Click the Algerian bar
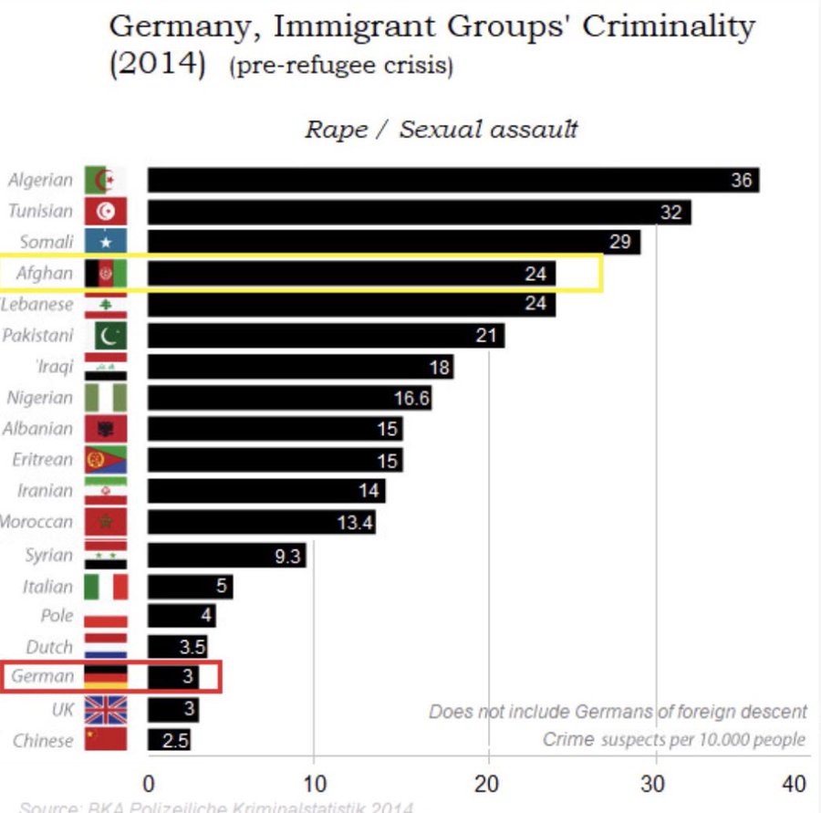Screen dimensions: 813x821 point(453,180)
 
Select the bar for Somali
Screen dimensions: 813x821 point(394,242)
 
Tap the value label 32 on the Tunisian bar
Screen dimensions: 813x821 point(670,212)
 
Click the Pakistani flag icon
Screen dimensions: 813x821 point(106,336)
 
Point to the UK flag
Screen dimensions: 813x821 point(106,709)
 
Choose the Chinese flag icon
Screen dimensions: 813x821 point(106,740)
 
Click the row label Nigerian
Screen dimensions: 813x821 point(39,398)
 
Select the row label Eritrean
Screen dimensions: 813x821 point(42,460)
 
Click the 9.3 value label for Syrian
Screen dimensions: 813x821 point(288,555)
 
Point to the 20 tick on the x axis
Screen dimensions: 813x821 point(489,784)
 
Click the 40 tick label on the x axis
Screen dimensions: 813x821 point(795,784)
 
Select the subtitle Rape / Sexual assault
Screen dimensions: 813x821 point(441,129)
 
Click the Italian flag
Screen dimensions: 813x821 point(106,586)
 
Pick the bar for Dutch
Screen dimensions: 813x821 point(178,647)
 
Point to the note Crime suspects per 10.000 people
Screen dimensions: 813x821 point(674,739)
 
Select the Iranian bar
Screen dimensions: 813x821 point(266,491)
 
